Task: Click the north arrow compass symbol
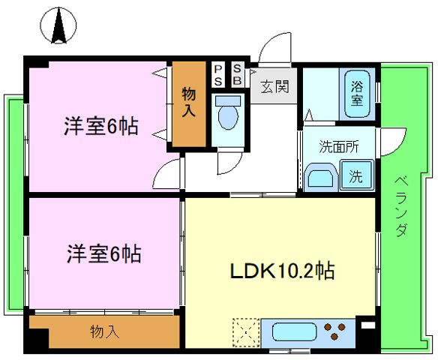[58, 25]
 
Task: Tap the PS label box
[218, 76]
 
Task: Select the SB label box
[238, 75]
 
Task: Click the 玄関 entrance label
[274, 86]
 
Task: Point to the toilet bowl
[228, 113]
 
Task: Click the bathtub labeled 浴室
[357, 94]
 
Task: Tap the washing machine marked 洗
[357, 175]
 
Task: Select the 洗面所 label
[339, 146]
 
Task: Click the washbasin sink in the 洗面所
[321, 178]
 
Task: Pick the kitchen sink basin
[294, 331]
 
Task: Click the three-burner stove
[334, 331]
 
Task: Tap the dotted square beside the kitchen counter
[246, 333]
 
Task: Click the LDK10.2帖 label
[282, 271]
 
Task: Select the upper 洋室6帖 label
[100, 126]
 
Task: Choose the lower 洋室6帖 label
[103, 253]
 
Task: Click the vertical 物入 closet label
[189, 102]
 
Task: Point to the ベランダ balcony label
[402, 206]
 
